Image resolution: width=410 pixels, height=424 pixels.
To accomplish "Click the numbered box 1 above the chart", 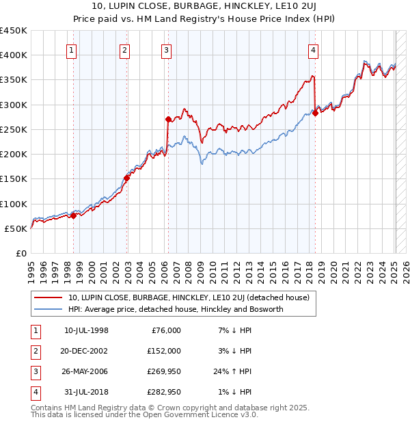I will (x=72, y=49).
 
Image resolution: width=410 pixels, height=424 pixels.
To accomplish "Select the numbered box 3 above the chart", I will (x=166, y=49).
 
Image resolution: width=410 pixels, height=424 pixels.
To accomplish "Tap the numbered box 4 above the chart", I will (x=312, y=49).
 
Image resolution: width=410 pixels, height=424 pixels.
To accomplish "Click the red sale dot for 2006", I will (x=168, y=120).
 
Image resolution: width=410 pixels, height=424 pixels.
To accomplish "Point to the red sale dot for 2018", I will (x=315, y=114).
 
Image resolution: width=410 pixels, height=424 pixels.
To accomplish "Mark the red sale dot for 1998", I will (x=73, y=216).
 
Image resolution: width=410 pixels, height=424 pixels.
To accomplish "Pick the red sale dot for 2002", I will (x=126, y=178).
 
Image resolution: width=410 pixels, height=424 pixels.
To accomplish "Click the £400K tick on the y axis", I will (x=14, y=55).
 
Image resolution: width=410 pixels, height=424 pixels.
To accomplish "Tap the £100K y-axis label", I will (x=14, y=204).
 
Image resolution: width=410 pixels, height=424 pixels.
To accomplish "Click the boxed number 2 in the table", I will (x=35, y=351).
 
